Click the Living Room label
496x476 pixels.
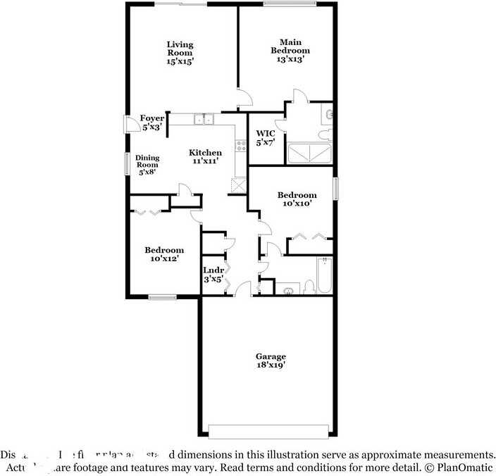point(180,53)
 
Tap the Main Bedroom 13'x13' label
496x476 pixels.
point(290,51)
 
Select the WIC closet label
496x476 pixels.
point(265,137)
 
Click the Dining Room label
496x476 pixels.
point(147,165)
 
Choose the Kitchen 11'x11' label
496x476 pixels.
point(205,156)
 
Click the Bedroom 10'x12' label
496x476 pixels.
point(164,254)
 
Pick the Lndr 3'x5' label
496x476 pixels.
point(213,275)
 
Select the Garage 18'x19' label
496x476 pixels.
point(271,361)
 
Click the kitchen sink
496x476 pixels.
point(204,120)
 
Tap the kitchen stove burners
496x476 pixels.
point(241,146)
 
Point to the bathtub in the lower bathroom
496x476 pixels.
point(324,277)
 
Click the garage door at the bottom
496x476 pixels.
point(268,431)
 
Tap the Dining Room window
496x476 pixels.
point(128,164)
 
